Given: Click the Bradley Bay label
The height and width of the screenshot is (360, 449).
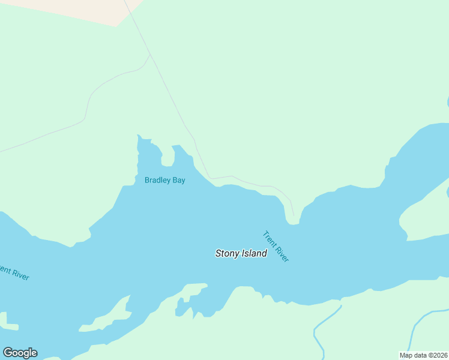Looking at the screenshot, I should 164,180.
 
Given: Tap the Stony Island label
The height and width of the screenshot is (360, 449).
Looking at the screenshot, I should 241,254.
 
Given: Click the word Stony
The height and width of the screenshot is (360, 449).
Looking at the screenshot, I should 228,254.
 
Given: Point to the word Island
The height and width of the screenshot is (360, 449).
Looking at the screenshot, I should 255,254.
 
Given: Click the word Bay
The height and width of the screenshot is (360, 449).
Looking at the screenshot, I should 179,180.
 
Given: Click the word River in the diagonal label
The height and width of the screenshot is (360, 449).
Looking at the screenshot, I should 282,254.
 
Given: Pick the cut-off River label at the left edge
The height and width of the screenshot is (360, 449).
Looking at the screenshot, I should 14,273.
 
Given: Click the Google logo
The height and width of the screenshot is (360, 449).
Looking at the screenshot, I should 20,353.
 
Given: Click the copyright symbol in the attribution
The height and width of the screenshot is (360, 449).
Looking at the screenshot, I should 429,355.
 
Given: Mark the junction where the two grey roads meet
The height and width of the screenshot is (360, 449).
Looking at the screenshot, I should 150,56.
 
